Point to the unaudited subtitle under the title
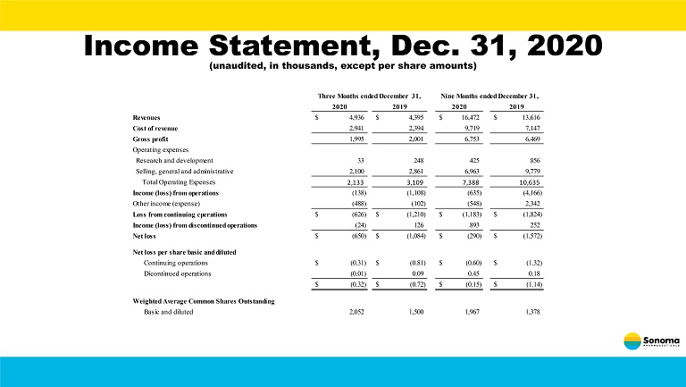pyautogui.click(x=343, y=65)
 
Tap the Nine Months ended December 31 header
pyautogui.click(x=490, y=94)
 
